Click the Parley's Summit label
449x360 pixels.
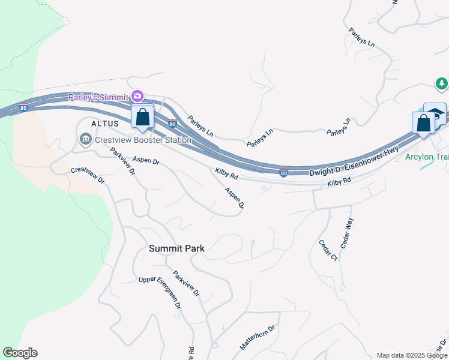click(98, 97)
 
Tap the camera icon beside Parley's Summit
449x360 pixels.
click(138, 96)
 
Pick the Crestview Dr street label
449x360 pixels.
click(88, 175)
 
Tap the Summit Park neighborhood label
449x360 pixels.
click(177, 248)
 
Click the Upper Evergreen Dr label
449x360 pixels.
click(160, 291)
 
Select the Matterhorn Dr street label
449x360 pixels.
click(257, 338)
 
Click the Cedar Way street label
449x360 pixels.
click(347, 232)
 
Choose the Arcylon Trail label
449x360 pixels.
click(427, 157)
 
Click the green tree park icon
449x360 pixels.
click(442, 83)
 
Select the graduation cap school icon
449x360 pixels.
click(435, 113)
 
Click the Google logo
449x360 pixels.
click(20, 353)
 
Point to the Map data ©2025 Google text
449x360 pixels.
click(411, 355)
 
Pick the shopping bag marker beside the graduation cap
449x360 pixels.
click(423, 123)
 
